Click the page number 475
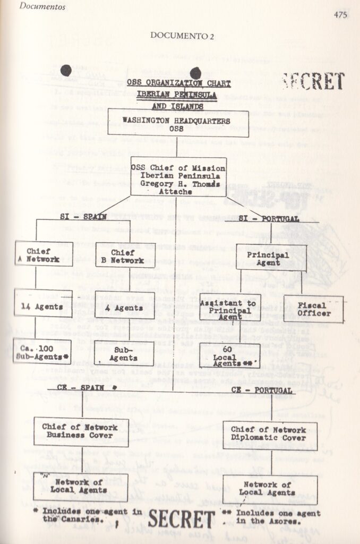click(x=340, y=15)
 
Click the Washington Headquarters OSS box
click(x=177, y=122)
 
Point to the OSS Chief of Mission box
click(x=178, y=176)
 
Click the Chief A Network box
click(x=44, y=254)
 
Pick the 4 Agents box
click(x=126, y=307)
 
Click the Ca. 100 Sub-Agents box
click(x=42, y=351)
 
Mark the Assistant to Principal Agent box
click(x=230, y=307)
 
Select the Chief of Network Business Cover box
click(x=81, y=431)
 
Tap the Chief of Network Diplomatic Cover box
click(x=270, y=435)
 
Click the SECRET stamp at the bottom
click(x=182, y=519)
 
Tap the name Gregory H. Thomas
click(x=178, y=183)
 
